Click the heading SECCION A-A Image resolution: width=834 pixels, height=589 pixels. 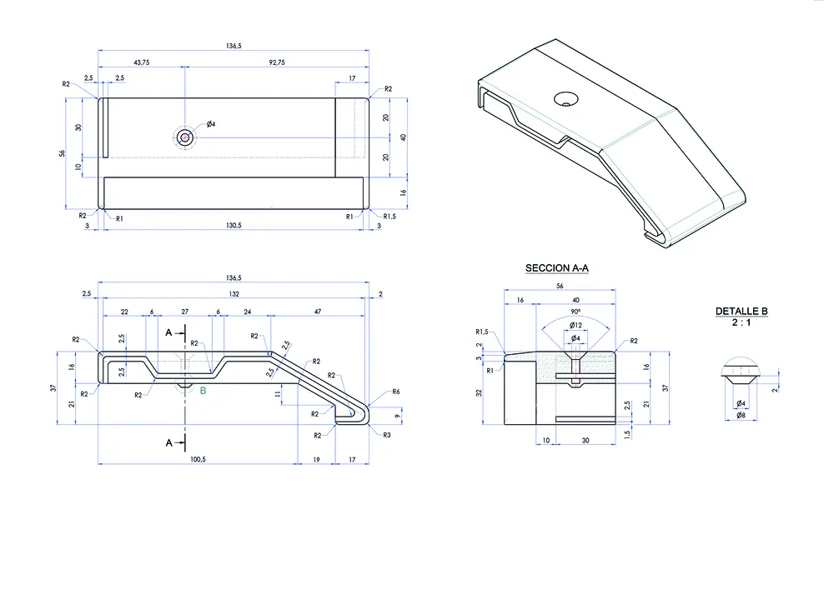(557, 268)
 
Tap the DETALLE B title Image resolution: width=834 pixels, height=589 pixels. (741, 312)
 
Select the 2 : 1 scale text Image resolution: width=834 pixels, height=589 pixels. (741, 322)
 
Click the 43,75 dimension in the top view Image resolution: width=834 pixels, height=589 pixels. (142, 62)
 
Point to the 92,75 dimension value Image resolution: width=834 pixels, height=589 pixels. (277, 62)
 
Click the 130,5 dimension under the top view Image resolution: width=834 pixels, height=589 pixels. (234, 225)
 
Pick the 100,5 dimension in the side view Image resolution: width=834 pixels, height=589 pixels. (198, 459)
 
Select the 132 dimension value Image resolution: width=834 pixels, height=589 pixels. (234, 294)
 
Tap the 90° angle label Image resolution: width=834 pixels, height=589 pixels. (575, 312)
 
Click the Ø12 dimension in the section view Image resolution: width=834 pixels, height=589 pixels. (575, 325)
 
